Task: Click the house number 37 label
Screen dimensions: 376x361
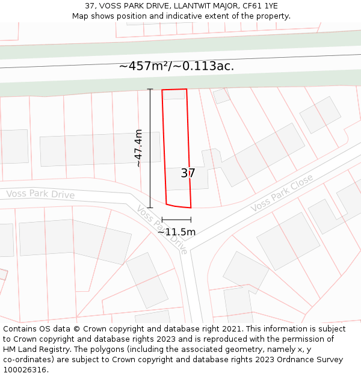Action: [188, 173]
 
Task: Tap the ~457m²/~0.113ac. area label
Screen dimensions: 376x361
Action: [176, 66]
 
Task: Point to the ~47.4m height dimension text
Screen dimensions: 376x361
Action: [138, 148]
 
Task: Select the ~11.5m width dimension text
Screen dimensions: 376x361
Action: [176, 232]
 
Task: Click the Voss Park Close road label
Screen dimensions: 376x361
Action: [282, 193]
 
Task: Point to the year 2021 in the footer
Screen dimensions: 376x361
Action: [232, 329]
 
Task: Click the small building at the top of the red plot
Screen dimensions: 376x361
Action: [174, 94]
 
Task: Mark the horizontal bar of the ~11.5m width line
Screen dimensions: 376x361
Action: [176, 220]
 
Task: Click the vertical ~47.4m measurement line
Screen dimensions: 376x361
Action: [150, 148]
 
